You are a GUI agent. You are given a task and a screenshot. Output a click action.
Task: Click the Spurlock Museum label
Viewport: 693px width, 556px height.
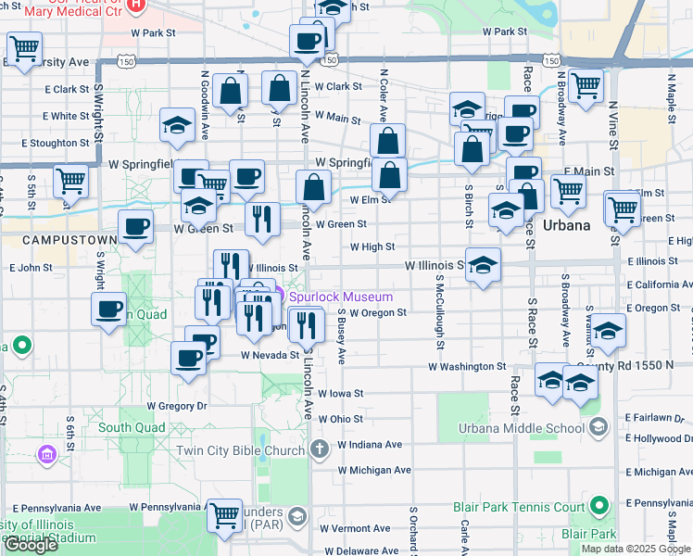tap(340, 297)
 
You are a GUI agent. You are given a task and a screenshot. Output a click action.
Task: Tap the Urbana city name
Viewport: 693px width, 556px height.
tap(566, 225)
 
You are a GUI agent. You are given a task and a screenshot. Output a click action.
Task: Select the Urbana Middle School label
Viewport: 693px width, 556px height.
tap(522, 427)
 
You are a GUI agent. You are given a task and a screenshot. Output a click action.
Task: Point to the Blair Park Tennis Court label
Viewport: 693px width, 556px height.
tap(519, 507)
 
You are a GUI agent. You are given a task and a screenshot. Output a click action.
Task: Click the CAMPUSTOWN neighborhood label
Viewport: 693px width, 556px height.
tap(57, 240)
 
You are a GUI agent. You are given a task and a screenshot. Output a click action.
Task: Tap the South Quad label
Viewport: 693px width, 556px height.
tap(132, 427)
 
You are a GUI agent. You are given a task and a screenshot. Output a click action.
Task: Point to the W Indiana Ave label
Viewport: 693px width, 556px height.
tap(370, 445)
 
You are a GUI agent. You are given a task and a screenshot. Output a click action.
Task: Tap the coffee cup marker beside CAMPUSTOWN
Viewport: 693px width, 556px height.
tap(135, 226)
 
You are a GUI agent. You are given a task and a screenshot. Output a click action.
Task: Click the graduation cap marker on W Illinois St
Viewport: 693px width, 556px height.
tap(483, 266)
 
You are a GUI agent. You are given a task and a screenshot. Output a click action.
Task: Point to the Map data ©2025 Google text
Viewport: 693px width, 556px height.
tap(636, 549)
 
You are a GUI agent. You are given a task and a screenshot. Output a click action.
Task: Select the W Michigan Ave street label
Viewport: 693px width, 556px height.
tap(374, 470)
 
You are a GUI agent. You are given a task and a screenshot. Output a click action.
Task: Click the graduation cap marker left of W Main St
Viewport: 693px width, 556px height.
tap(177, 126)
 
